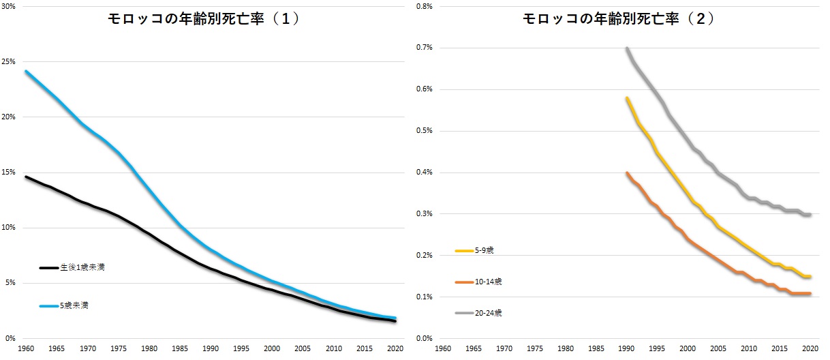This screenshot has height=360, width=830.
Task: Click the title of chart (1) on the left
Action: coord(204,20)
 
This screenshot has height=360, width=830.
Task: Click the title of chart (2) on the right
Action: coord(619,20)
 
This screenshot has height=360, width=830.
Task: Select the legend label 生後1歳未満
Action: coord(82,268)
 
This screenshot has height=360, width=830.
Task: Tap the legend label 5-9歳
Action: coord(485,251)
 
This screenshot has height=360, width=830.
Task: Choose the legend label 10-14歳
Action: coord(489,282)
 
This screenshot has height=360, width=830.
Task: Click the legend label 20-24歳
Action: coord(489,313)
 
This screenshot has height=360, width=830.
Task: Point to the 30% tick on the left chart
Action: coord(11,6)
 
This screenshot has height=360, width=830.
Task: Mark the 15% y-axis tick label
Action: coord(11,172)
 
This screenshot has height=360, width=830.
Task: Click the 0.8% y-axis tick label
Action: coord(424,6)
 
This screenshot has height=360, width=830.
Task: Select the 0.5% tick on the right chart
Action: coord(424,131)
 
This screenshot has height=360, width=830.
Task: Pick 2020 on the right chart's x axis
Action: coord(811,348)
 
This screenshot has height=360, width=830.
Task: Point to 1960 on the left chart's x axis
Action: coord(25,348)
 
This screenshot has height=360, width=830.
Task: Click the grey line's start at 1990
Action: coord(627,48)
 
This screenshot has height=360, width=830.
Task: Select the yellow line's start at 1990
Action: coord(627,98)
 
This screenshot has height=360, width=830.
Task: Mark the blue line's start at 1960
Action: coord(25,71)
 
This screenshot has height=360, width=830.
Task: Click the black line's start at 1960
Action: coord(25,177)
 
